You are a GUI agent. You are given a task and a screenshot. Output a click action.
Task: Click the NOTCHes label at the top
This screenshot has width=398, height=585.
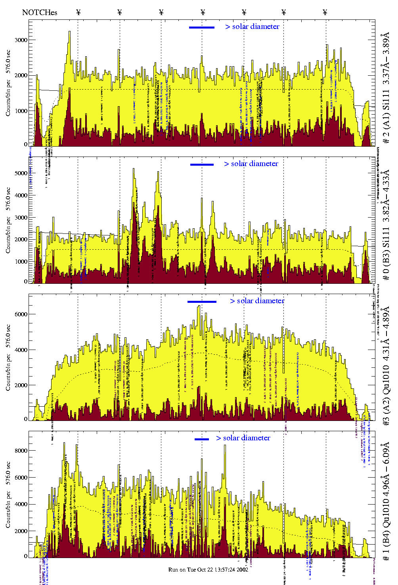coord(40,12)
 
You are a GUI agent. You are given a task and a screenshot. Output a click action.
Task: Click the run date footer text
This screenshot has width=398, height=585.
coord(208,570)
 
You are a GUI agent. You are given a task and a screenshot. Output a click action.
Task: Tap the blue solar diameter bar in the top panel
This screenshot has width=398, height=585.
coord(202,27)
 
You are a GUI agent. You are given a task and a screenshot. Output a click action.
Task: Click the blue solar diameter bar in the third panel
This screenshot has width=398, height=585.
coord(202,302)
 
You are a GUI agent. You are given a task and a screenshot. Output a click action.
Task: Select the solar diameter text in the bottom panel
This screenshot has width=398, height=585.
coord(243,438)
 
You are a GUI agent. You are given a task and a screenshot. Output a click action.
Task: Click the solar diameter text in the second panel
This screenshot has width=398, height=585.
coord(251,164)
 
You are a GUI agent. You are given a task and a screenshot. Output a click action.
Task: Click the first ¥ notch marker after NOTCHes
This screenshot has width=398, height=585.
coord(78,12)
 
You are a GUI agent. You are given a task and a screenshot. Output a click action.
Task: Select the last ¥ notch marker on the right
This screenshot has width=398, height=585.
coord(325,12)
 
